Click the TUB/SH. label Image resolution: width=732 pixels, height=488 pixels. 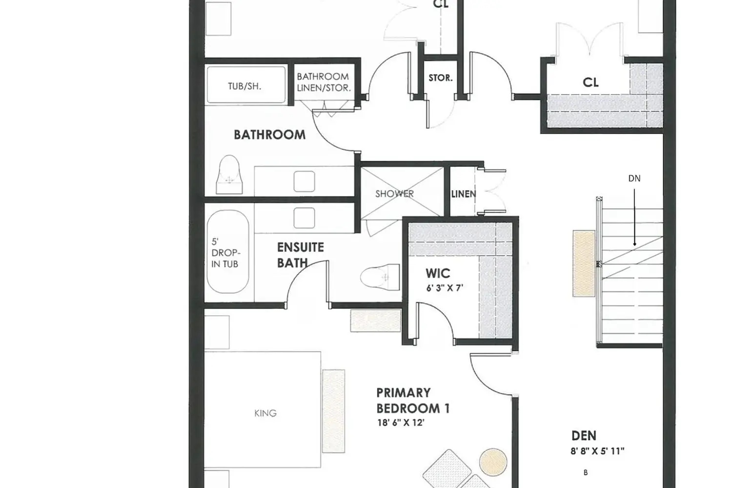[x=244, y=86]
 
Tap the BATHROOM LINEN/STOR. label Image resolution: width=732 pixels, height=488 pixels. [x=324, y=82]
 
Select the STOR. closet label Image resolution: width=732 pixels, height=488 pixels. [x=440, y=78]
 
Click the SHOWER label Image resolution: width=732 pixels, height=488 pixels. [x=394, y=194]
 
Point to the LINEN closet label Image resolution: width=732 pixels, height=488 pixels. [x=463, y=194]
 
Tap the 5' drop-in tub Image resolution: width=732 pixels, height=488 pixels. [x=228, y=252]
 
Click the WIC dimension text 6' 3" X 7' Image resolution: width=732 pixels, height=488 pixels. [x=444, y=288]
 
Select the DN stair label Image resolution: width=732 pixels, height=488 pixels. [x=634, y=179]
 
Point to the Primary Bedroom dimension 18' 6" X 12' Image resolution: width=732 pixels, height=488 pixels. [x=400, y=423]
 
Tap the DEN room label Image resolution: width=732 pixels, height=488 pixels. [x=584, y=435]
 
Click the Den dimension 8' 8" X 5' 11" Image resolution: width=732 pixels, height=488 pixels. [x=597, y=451]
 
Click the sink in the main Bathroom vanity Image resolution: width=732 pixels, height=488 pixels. [x=304, y=181]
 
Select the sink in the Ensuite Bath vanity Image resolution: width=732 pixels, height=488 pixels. [x=304, y=218]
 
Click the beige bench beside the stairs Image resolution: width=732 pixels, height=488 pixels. [x=584, y=264]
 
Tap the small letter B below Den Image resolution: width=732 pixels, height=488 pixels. [x=586, y=472]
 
